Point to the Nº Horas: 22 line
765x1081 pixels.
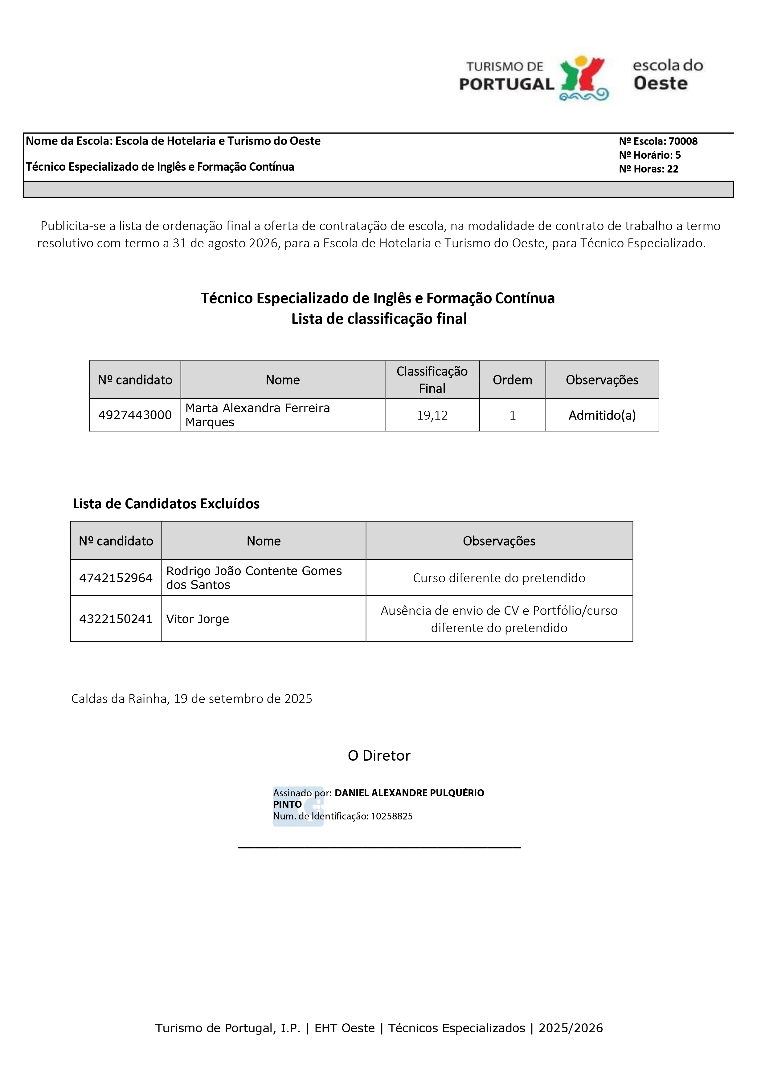[x=649, y=169]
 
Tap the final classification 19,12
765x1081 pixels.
[x=432, y=415]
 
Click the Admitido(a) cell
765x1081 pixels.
[x=602, y=415]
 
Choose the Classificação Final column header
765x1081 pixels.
[x=432, y=380]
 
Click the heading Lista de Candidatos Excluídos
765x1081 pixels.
[x=166, y=504]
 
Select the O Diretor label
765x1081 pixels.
[x=379, y=756]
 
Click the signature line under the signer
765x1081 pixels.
[x=379, y=847]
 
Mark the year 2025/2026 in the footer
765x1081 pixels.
[x=571, y=1028]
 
